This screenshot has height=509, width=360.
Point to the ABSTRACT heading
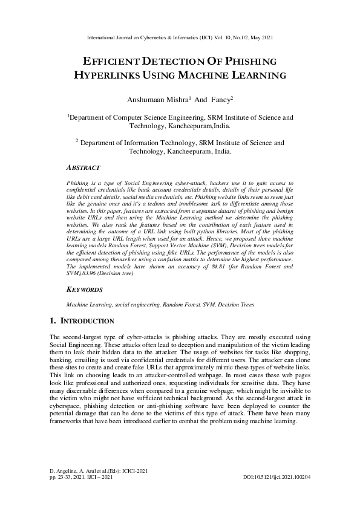(x=83, y=167)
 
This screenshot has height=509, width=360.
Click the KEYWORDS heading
(x=85, y=290)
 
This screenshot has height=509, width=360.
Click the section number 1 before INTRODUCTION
(x=52, y=320)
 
